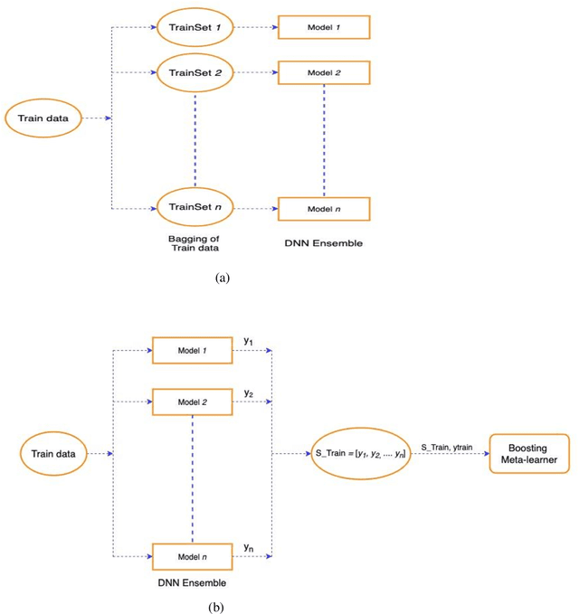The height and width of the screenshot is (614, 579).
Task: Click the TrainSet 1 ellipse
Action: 195,27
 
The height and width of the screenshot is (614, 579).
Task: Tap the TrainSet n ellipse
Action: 195,207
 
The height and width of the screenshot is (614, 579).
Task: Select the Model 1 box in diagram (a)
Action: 324,27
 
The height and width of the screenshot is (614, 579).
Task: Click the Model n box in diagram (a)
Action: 324,208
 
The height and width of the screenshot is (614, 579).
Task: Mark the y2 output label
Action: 250,394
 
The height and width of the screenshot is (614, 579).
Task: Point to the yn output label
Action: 250,548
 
